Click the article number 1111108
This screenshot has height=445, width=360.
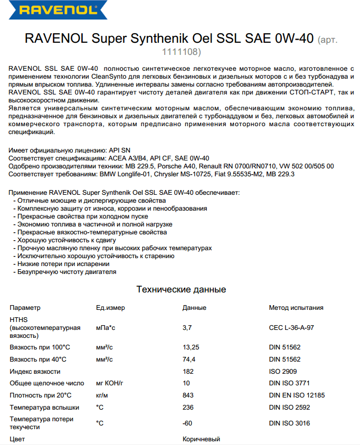181,52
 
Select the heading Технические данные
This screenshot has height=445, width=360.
181,289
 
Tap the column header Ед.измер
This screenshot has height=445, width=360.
110,308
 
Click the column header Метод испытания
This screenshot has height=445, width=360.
296,308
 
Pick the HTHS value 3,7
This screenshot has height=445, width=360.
187,328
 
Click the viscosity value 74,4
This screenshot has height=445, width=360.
188,359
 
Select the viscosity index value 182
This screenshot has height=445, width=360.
187,372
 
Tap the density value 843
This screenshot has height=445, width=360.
187,395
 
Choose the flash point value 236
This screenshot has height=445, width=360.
187,408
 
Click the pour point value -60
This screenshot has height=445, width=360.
187,423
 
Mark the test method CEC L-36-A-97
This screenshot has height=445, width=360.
291,328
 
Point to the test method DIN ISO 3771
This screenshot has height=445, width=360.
290,383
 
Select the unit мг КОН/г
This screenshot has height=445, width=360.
109,383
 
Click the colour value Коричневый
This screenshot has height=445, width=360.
201,439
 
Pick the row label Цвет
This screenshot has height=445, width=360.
17,439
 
